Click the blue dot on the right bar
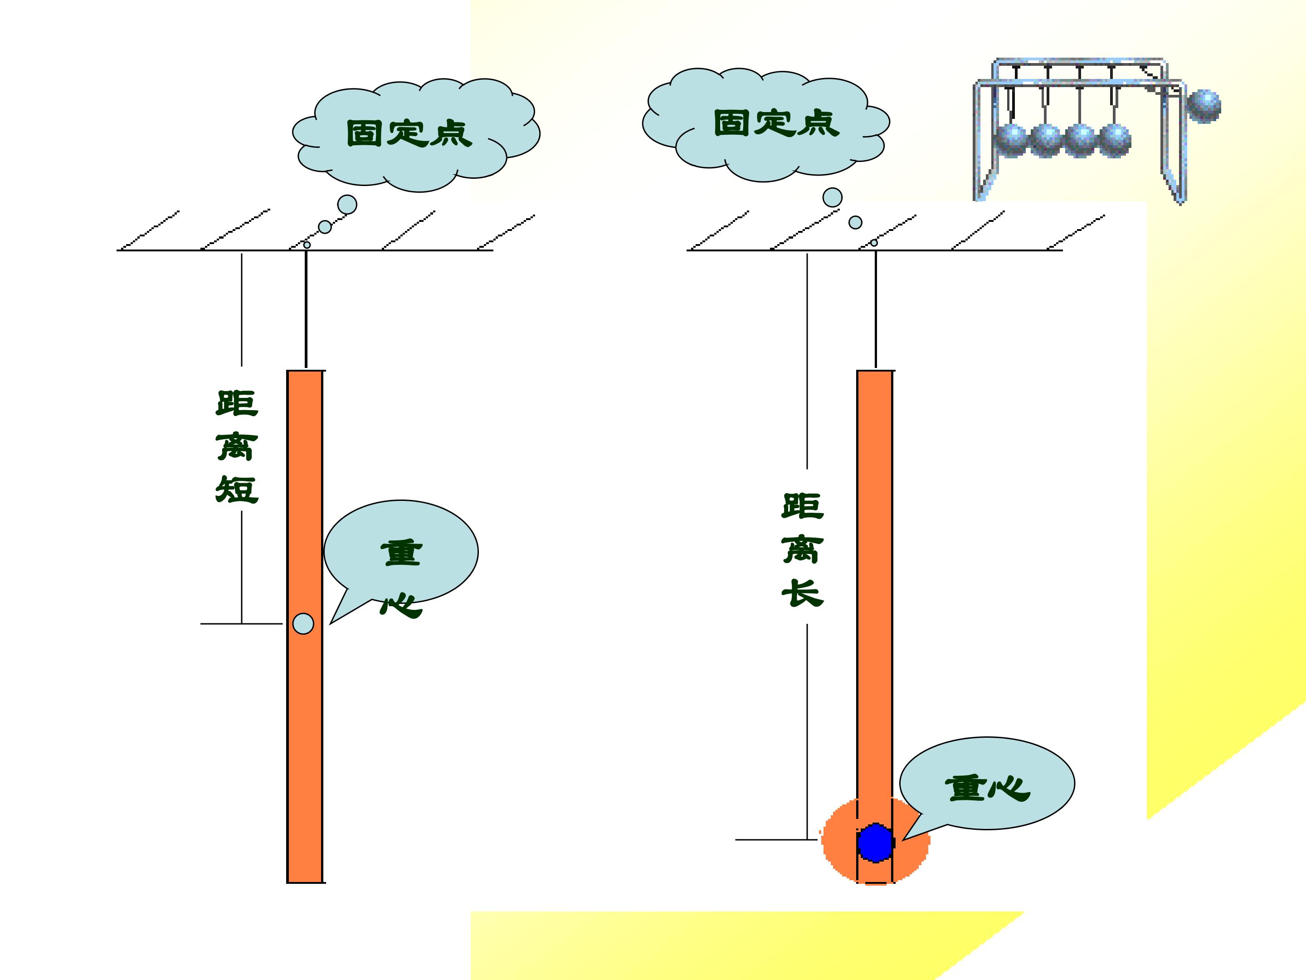875,843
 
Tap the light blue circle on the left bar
303,624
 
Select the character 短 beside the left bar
237,489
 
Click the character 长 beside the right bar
802,593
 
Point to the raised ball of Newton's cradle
1203,106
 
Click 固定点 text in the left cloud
409,133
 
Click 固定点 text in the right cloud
776,123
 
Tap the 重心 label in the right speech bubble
987,788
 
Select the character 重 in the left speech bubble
401,553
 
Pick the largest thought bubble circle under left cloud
347,204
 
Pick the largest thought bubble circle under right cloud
833,197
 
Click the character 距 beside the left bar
237,403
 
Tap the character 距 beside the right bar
802,506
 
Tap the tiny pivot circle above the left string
307,245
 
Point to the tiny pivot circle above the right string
874,243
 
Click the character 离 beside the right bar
802,550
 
